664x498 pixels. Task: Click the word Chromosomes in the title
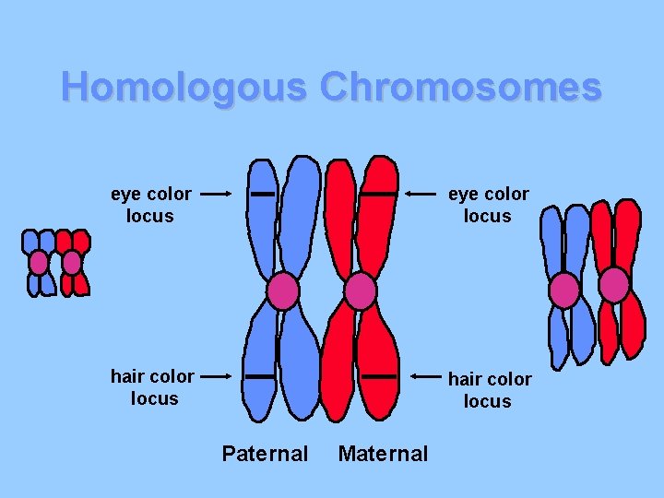pyautogui.click(x=461, y=88)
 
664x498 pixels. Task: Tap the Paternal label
pyautogui.click(x=265, y=454)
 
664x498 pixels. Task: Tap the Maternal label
pyautogui.click(x=383, y=454)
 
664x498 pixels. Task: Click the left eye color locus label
pyautogui.click(x=151, y=205)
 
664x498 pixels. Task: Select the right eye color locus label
pyautogui.click(x=488, y=205)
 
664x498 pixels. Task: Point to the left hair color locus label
pyautogui.click(x=152, y=387)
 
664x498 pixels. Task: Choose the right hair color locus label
pyautogui.click(x=489, y=390)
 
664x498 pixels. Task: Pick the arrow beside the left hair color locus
pyautogui.click(x=216, y=376)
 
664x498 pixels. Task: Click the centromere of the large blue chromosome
pyautogui.click(x=283, y=291)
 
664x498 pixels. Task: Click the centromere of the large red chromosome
pyautogui.click(x=361, y=291)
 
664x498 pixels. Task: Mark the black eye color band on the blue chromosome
pyautogui.click(x=263, y=195)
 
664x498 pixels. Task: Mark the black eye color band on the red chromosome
pyautogui.click(x=377, y=195)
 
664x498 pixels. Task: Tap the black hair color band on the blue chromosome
pyautogui.click(x=261, y=376)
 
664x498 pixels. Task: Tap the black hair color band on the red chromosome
pyautogui.click(x=377, y=376)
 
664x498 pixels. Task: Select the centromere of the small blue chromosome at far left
pyautogui.click(x=39, y=263)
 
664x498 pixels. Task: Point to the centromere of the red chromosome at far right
pyautogui.click(x=614, y=285)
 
